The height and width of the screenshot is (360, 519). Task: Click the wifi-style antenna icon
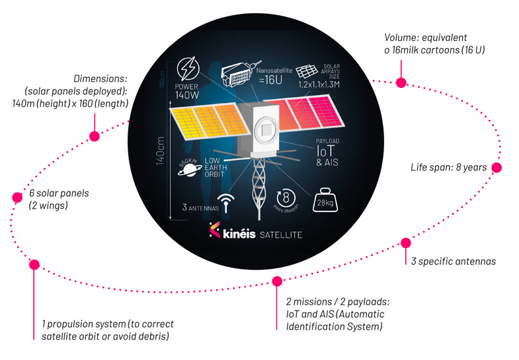(226, 201)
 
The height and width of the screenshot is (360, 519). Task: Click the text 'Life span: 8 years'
(449, 168)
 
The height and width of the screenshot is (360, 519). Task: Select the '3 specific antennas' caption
(453, 262)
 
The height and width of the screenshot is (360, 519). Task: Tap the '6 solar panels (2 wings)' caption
(60, 199)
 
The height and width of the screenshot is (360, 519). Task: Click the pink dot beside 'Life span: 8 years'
(497, 168)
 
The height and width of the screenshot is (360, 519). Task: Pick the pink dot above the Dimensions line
(94, 136)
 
